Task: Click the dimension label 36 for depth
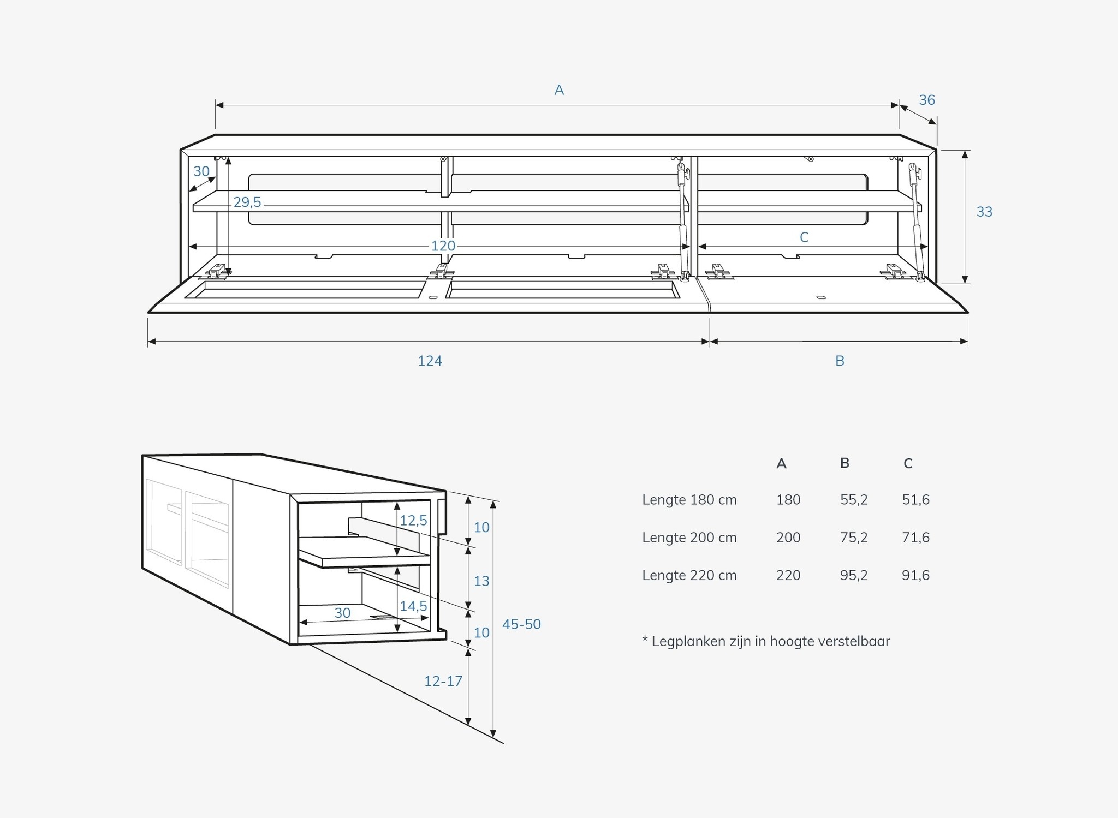coord(927,100)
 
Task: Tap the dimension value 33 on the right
coord(984,212)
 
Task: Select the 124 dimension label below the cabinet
coord(430,361)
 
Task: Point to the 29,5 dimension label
coord(247,202)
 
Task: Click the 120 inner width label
coord(443,246)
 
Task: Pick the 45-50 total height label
coord(521,624)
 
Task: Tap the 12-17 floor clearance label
coord(443,681)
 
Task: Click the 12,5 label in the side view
coord(413,521)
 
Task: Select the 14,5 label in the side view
coord(413,606)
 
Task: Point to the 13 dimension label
coord(481,581)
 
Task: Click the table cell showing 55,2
coord(854,500)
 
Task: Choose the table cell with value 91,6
coord(915,575)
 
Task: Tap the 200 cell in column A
coord(788,538)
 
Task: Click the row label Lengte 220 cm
coord(689,575)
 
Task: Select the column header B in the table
coord(845,463)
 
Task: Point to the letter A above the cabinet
coord(559,90)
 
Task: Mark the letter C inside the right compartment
coord(804,237)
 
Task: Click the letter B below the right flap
coord(840,361)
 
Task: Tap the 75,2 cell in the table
coord(854,538)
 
